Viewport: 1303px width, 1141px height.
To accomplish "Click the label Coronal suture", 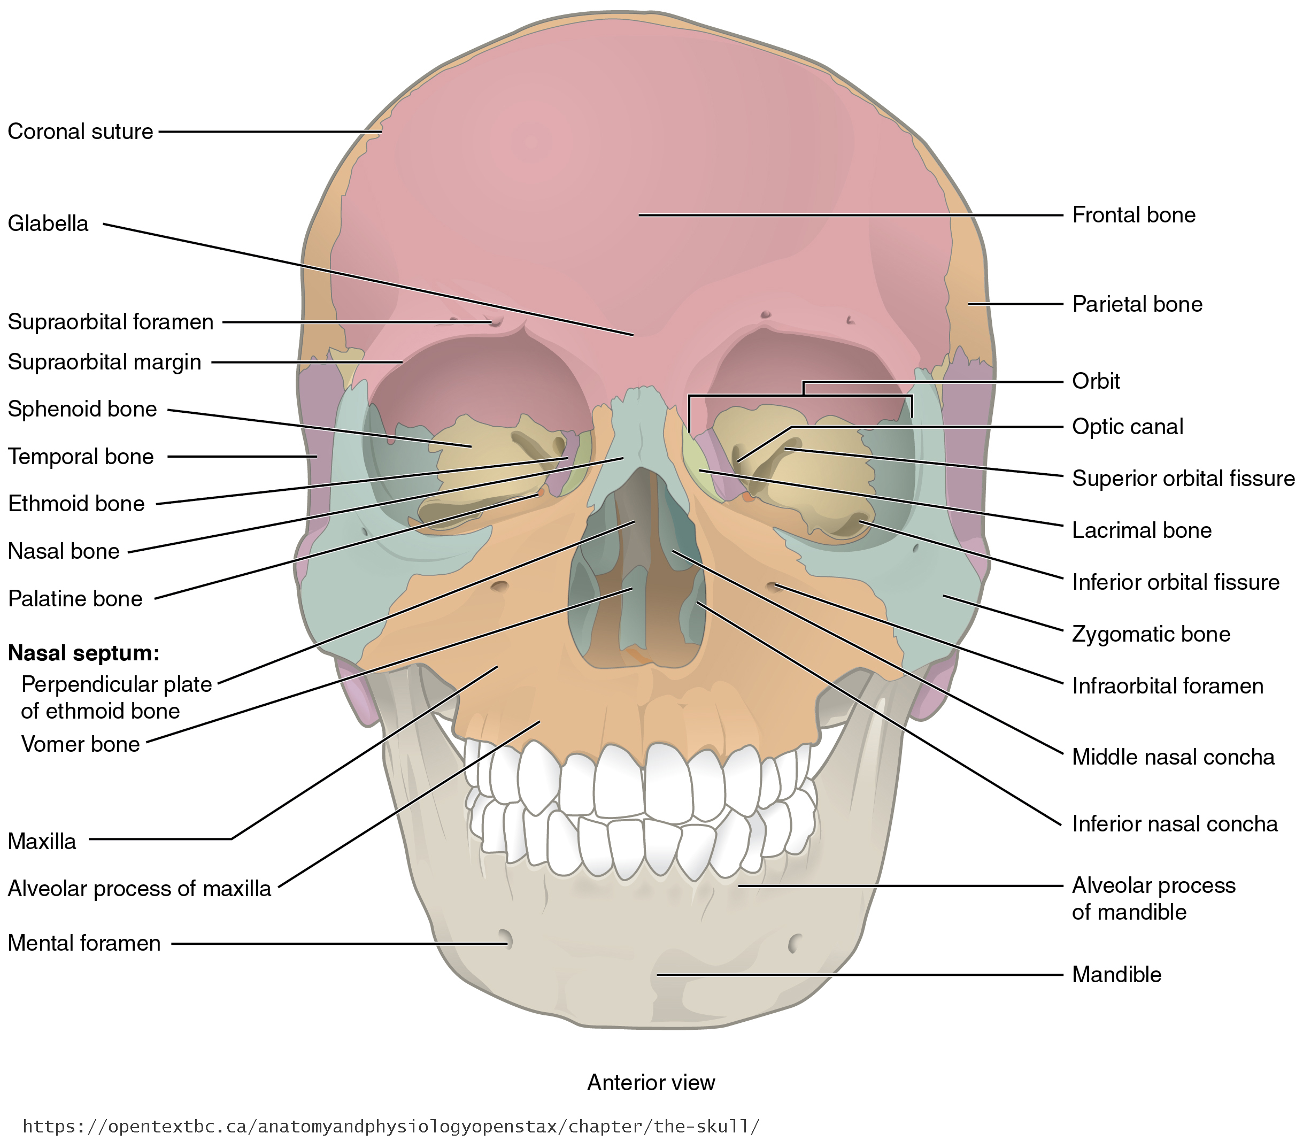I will click(x=80, y=132).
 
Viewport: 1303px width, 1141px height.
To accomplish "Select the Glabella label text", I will click(x=48, y=223).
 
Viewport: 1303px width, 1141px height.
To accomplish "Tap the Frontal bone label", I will click(x=1134, y=215).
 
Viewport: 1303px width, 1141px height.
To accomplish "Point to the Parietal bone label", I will click(x=1137, y=304).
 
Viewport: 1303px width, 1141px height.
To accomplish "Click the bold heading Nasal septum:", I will click(x=83, y=653).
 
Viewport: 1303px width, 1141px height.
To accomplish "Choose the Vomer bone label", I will click(x=80, y=744).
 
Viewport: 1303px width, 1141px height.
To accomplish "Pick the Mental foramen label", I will click(x=84, y=943).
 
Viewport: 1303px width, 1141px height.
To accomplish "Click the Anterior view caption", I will click(x=651, y=1082).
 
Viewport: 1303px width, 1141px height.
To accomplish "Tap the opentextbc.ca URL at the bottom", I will click(x=391, y=1127).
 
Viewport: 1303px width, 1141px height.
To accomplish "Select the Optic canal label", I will click(x=1127, y=427).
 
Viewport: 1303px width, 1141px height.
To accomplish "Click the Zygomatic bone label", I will click(x=1151, y=634).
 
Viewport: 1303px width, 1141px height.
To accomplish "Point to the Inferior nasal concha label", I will click(x=1175, y=824).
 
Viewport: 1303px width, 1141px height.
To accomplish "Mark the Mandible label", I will click(x=1116, y=974).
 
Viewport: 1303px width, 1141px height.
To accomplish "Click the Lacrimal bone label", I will click(x=1142, y=530).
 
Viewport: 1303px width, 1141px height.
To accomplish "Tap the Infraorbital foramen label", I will click(x=1167, y=686).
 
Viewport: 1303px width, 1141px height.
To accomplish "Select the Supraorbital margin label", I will click(x=104, y=363).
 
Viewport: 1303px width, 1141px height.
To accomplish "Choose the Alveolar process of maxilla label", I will click(x=140, y=888).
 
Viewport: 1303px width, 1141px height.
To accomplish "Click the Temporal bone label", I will click(x=81, y=457).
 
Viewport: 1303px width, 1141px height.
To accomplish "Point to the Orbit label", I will click(x=1096, y=381).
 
